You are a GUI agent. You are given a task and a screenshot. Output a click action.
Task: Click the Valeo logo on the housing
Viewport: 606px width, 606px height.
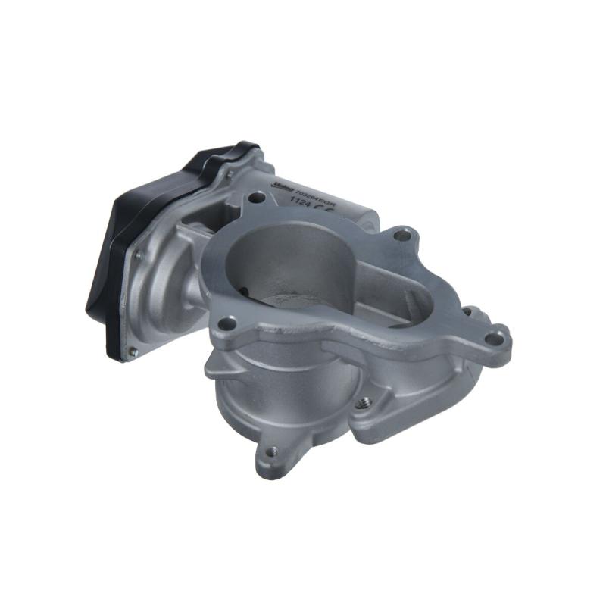282,183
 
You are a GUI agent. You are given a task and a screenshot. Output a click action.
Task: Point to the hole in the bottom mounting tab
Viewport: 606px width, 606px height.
271,452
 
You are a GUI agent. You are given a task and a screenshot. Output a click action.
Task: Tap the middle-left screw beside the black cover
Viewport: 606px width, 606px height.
138,256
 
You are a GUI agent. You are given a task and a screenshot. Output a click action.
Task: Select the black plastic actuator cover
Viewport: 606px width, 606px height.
114,258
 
